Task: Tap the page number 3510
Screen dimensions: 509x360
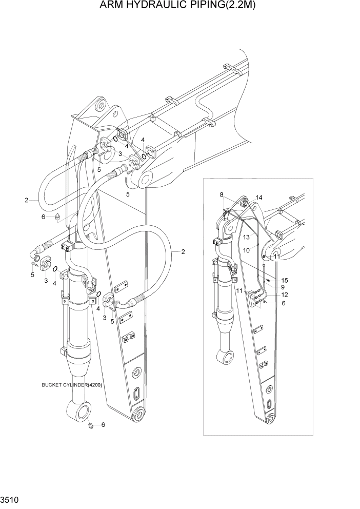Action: point(9,498)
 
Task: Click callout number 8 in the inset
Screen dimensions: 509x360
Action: point(222,195)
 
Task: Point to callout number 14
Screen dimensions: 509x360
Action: point(259,198)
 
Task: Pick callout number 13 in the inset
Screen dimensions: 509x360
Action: point(246,237)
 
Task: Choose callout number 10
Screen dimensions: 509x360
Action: point(246,250)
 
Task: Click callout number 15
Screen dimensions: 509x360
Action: point(285,280)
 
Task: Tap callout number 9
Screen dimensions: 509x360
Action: point(283,287)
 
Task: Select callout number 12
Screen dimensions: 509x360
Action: point(284,295)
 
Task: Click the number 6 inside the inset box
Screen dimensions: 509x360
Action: point(283,303)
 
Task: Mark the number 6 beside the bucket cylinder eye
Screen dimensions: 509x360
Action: point(103,425)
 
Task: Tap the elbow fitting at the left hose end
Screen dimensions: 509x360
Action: point(36,253)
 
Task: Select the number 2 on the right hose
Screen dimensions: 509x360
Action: point(182,251)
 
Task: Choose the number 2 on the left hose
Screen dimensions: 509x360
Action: point(26,200)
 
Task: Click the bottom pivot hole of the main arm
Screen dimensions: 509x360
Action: point(138,414)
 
